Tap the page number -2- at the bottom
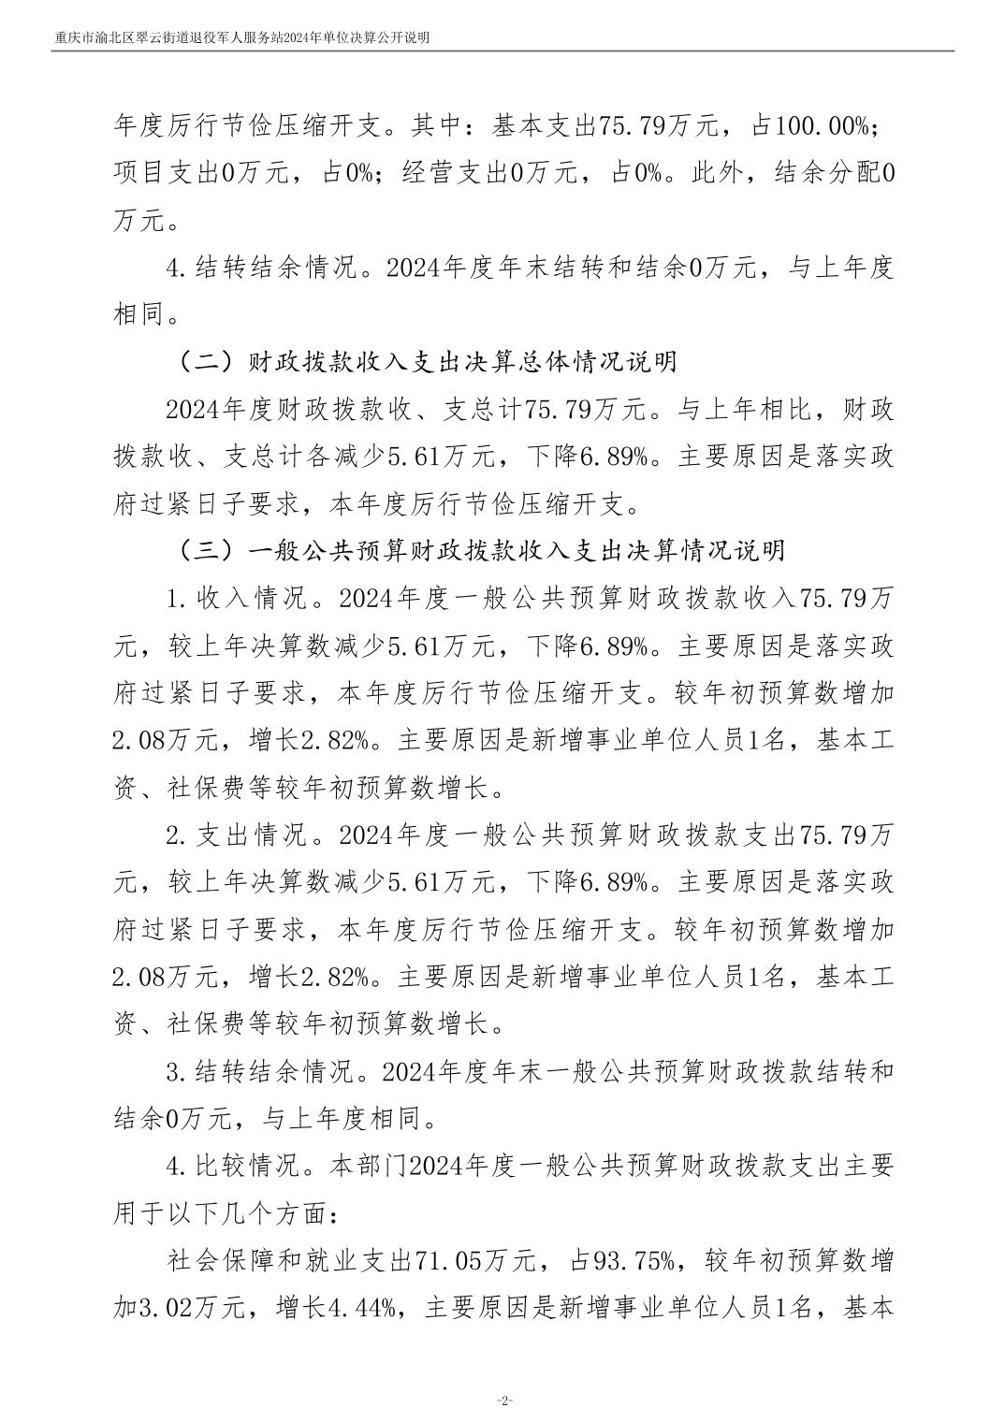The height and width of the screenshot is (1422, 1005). click(503, 1400)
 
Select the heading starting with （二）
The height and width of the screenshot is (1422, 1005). click(427, 363)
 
